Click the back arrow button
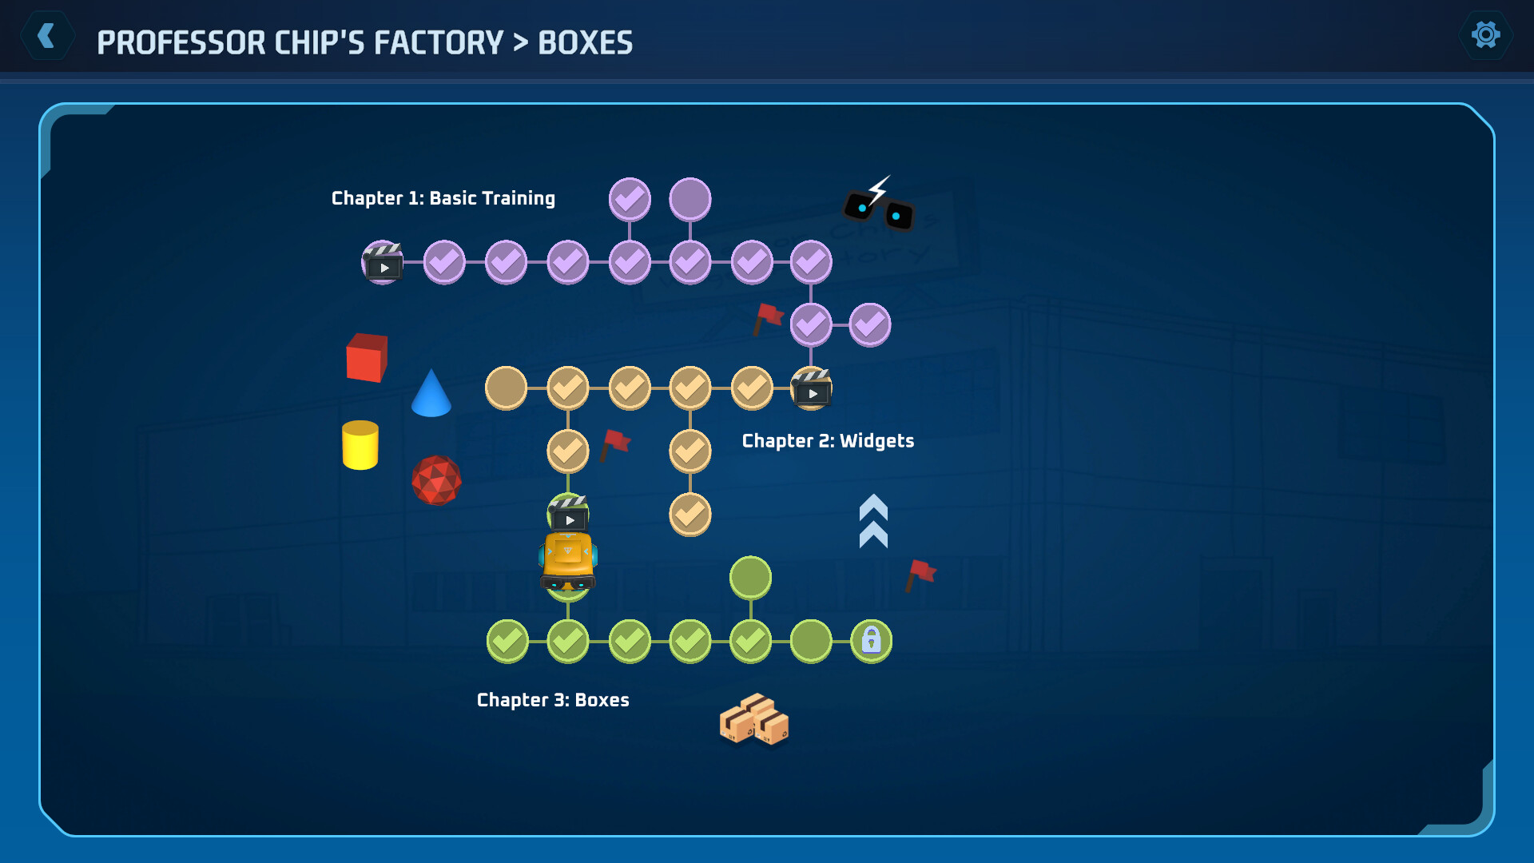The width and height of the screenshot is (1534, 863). coord(47,36)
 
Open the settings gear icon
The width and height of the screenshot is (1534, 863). coord(1485,35)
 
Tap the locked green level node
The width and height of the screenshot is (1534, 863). coord(871,641)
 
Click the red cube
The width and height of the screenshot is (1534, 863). coord(367,357)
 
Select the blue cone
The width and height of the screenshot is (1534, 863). coord(431,394)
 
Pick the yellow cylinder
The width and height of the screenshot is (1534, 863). coord(360,445)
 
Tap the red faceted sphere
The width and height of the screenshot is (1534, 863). coord(436,480)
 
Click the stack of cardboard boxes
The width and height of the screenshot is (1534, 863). coord(753,720)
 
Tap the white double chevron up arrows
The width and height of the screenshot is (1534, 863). coord(873,521)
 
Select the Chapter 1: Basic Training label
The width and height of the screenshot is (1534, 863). coord(443,198)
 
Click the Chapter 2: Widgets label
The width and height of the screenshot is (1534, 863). coord(828,441)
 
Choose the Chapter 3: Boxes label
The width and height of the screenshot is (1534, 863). coord(553,700)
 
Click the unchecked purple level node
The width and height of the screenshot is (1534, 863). coord(690,199)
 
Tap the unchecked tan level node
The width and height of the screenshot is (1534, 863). coord(506,388)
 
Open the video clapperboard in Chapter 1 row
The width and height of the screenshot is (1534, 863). coord(383,262)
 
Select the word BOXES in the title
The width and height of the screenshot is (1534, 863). coord(585,43)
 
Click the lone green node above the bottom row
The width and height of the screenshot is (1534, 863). coord(750,578)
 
